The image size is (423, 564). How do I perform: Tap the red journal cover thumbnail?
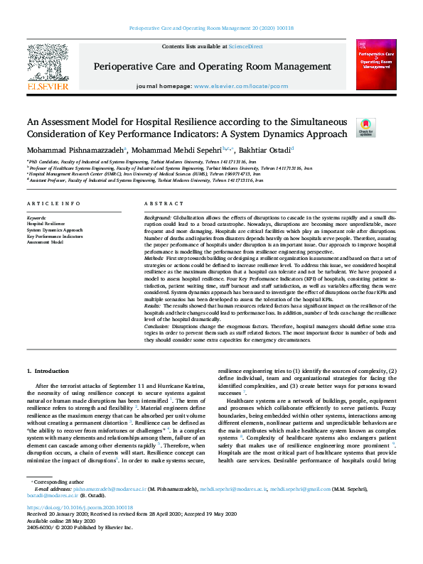coord(376,65)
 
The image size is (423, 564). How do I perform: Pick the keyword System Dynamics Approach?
coord(55,230)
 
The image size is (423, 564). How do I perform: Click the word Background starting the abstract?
coord(157,215)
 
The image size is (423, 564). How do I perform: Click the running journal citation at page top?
coord(211,28)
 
